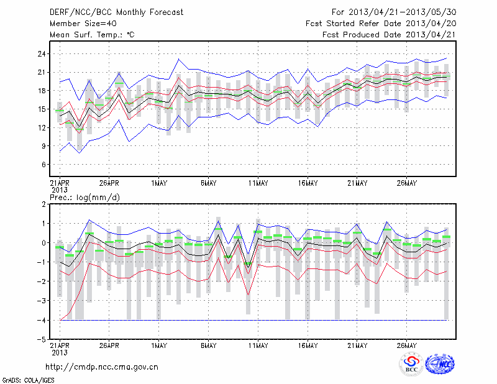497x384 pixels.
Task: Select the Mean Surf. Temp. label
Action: pyautogui.click(x=91, y=35)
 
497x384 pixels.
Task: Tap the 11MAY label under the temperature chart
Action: pyautogui.click(x=258, y=183)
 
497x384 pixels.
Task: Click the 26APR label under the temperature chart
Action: pyautogui.click(x=109, y=183)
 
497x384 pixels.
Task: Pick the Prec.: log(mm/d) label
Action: pyautogui.click(x=83, y=197)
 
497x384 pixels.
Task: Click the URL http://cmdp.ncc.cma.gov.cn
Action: pyautogui.click(x=103, y=367)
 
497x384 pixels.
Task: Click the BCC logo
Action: pyautogui.click(x=411, y=365)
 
